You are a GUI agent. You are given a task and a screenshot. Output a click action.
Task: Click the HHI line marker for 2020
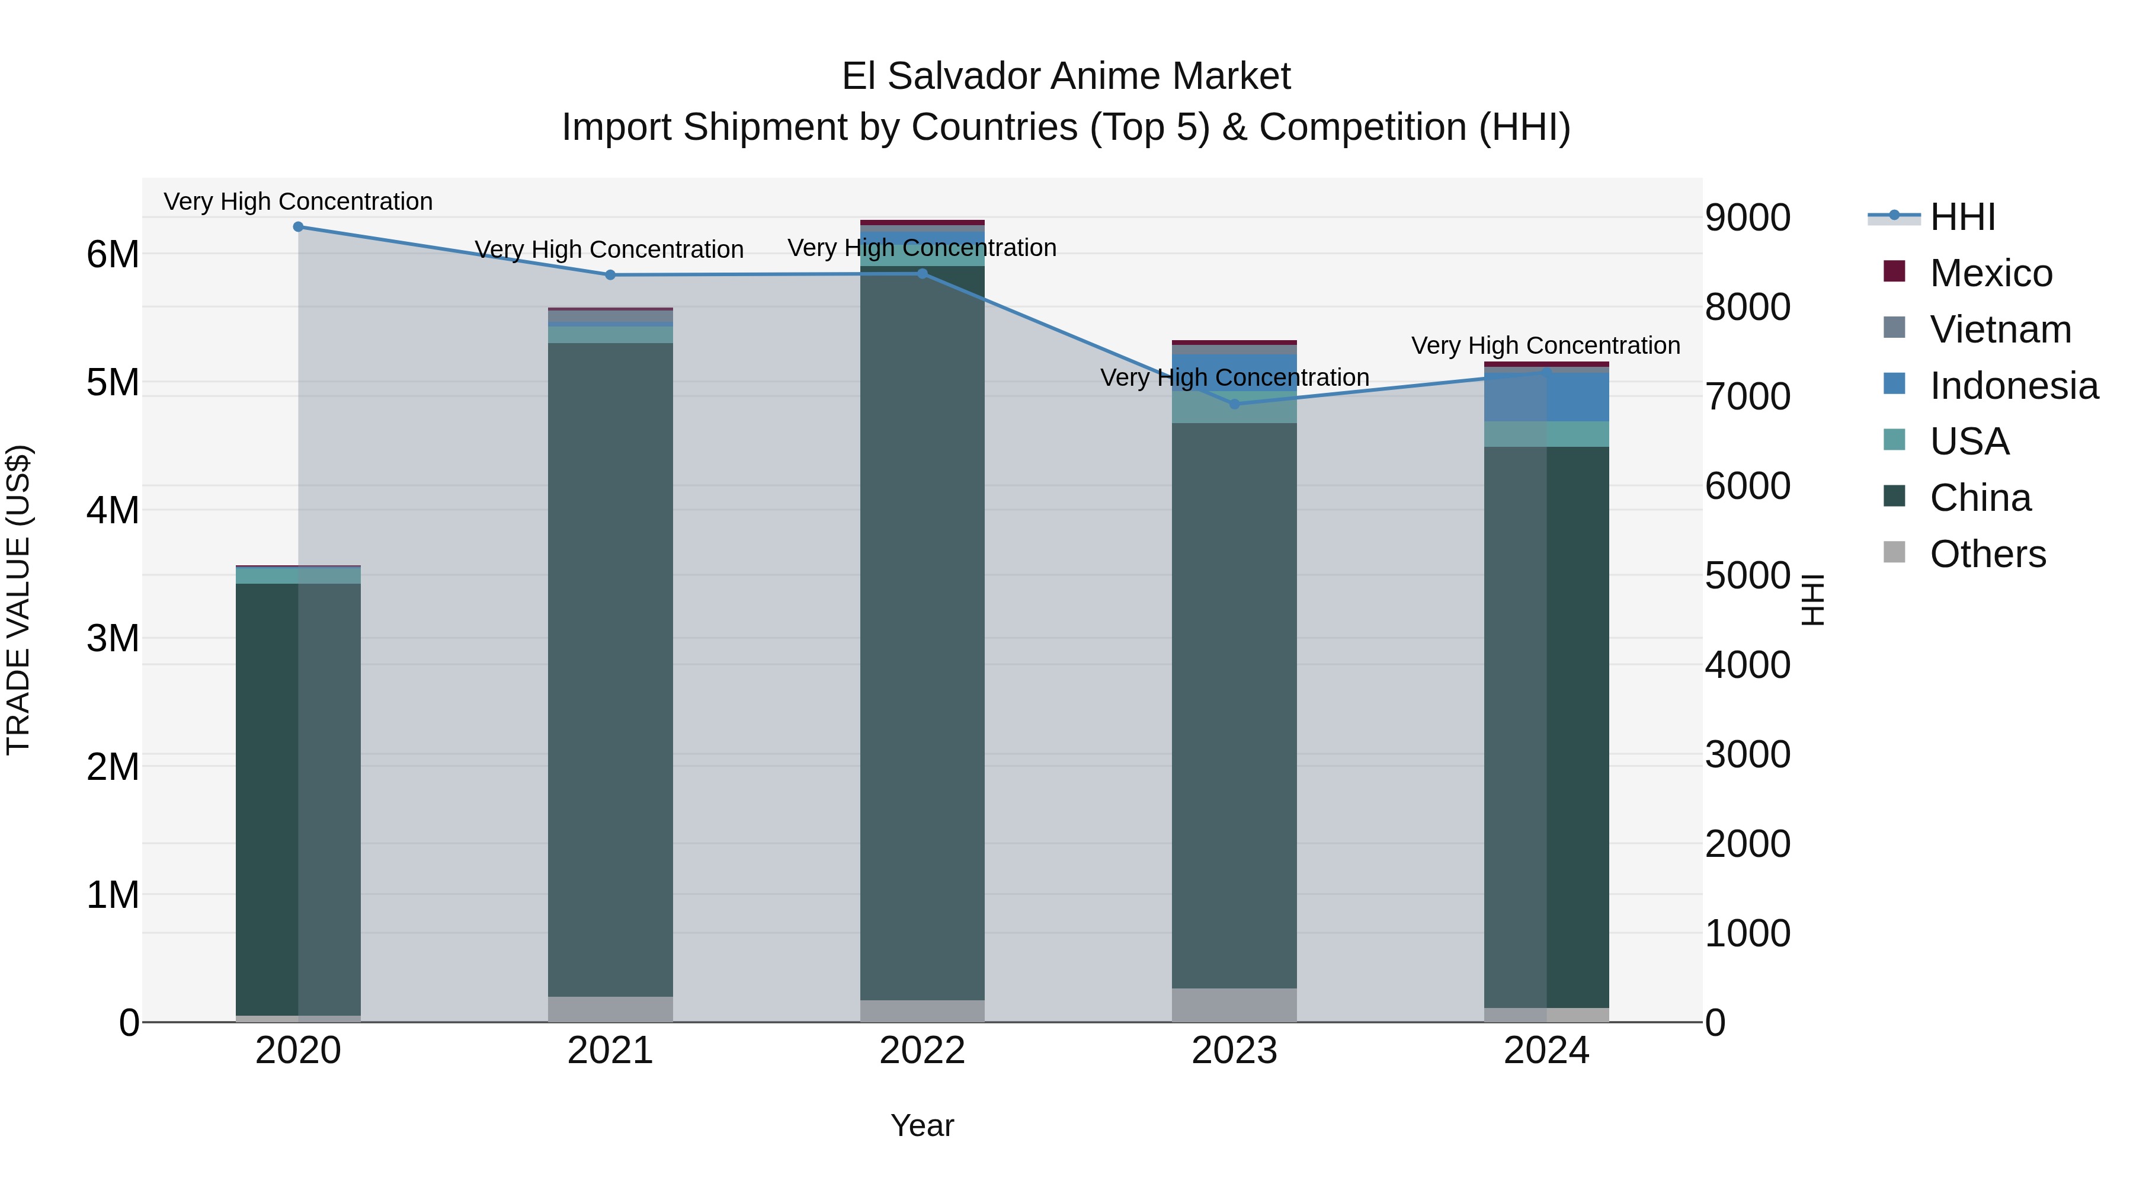tap(298, 227)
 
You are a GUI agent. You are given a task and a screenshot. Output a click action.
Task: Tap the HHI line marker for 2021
tap(610, 275)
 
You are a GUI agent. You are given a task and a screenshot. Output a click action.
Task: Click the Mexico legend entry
tap(1991, 273)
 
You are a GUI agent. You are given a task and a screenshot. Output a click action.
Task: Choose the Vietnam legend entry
tap(2000, 329)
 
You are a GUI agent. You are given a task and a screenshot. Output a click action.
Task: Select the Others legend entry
tap(1987, 554)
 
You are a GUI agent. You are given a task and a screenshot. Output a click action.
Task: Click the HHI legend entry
tap(1962, 217)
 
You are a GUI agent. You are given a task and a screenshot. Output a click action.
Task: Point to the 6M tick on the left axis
tap(113, 254)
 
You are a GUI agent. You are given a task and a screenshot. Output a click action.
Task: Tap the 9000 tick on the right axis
tap(1747, 218)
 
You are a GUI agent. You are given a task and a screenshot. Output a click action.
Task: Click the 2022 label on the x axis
tap(921, 1051)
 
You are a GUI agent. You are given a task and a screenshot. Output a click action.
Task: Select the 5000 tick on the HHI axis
tap(1747, 575)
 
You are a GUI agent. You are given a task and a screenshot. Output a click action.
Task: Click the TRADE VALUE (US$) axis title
tap(18, 600)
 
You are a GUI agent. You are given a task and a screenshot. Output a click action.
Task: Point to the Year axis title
tap(921, 1125)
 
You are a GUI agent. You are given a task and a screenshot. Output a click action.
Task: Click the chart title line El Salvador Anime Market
tap(1066, 77)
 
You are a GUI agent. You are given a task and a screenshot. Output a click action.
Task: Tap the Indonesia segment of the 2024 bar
tap(1546, 398)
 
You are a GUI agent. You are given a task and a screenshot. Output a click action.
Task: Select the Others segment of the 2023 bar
tap(1234, 1004)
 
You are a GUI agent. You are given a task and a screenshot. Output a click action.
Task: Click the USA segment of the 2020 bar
tap(298, 575)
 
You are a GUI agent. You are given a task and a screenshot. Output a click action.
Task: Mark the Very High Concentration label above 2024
tap(1545, 345)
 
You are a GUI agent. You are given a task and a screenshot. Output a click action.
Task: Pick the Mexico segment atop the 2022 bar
tap(921, 223)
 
